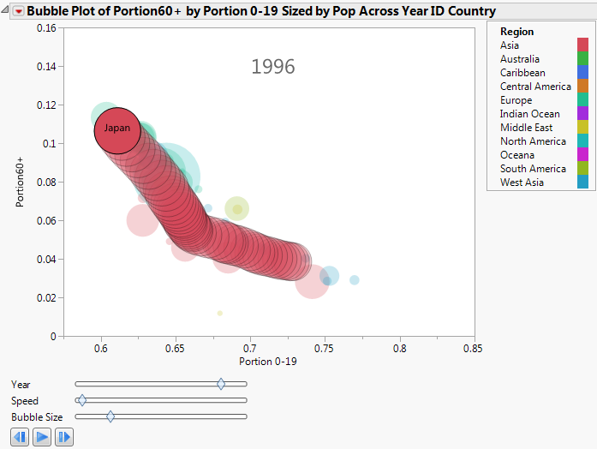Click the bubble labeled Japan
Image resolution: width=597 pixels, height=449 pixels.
click(117, 129)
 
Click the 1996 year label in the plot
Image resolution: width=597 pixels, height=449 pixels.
click(272, 67)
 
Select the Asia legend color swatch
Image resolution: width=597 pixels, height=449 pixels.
click(582, 45)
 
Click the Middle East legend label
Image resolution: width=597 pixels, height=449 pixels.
click(526, 128)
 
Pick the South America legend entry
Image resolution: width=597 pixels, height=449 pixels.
click(533, 169)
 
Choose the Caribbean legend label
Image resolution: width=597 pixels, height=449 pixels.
click(522, 73)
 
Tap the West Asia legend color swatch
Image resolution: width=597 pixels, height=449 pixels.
click(582, 183)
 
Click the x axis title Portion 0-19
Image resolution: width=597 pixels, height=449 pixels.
click(268, 362)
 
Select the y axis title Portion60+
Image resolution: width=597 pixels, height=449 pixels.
click(21, 182)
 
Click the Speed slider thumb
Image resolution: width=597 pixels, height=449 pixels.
click(81, 400)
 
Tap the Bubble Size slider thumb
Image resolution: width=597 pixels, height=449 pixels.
click(110, 416)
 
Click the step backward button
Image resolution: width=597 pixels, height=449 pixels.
click(21, 437)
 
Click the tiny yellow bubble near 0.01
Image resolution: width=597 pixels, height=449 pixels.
click(220, 314)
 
